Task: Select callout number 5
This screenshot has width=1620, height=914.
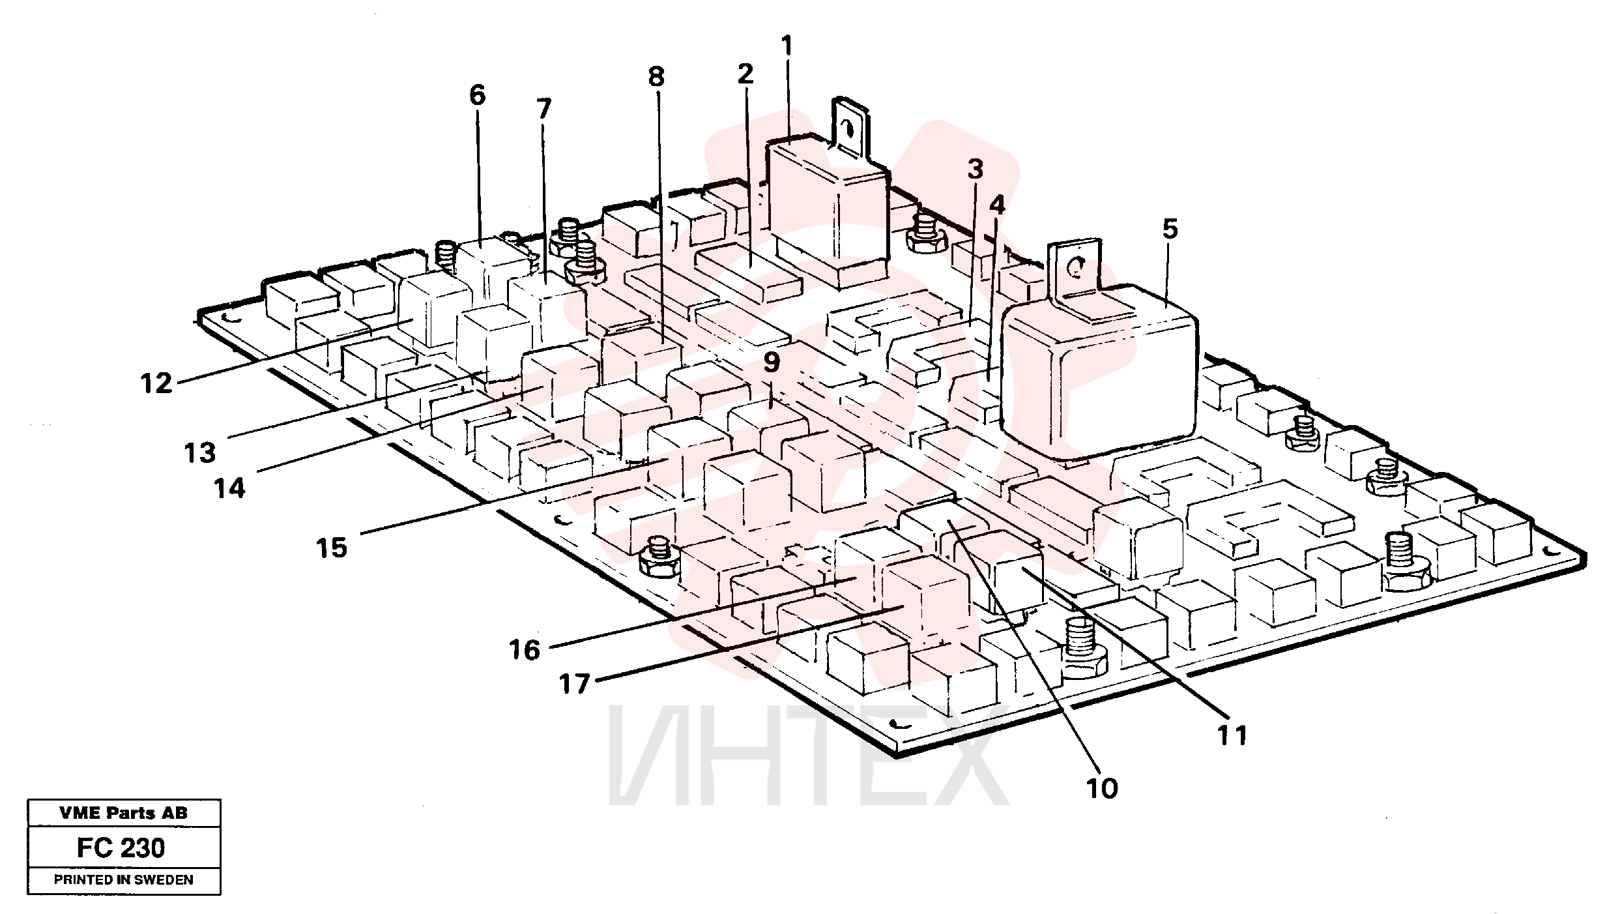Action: (1170, 229)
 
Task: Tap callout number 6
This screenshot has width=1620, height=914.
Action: (477, 96)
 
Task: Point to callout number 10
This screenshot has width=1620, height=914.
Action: (1102, 789)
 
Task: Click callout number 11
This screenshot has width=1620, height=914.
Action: (1232, 735)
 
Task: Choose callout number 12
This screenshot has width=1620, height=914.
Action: (157, 383)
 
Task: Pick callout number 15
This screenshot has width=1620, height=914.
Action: (332, 548)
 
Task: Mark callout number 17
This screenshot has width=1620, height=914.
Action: (574, 685)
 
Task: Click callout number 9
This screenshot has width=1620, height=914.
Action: (771, 362)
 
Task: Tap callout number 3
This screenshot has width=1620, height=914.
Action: (975, 170)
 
